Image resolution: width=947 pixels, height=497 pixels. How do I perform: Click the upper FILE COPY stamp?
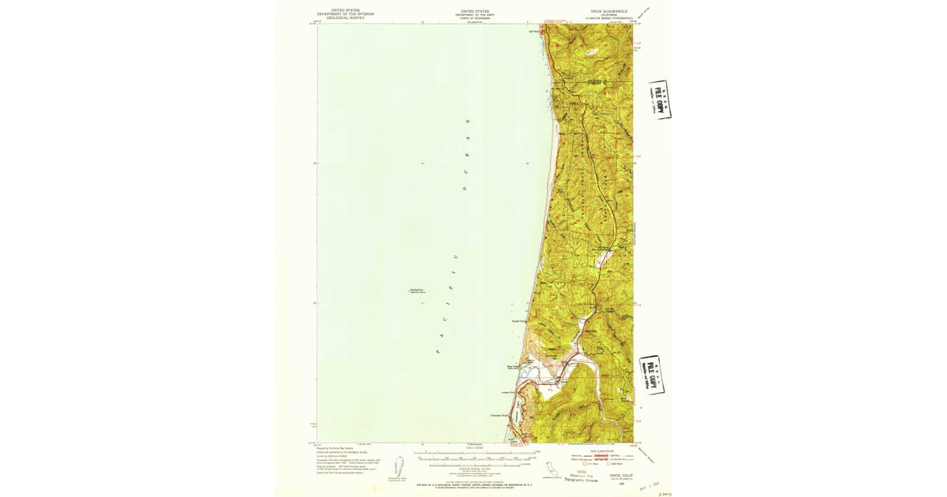[660, 99]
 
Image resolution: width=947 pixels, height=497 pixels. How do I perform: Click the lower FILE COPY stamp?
[651, 374]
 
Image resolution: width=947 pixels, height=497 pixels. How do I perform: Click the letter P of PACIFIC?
[438, 351]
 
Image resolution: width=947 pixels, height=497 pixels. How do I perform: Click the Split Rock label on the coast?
[533, 31]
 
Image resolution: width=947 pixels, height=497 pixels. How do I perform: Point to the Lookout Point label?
[507, 392]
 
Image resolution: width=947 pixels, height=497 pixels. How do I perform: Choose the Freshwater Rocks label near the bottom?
[498, 416]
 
